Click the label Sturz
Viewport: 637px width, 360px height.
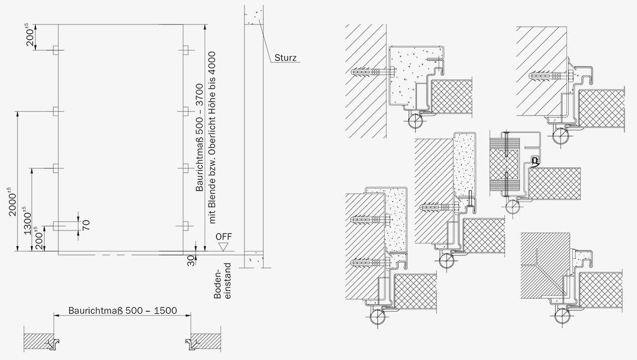tap(286, 58)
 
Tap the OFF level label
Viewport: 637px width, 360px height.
tap(223, 237)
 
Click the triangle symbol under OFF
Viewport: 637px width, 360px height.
tap(223, 247)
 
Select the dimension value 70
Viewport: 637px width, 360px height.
tap(86, 225)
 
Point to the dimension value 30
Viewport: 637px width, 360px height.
tap(191, 261)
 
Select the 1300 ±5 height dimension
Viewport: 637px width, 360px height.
tap(27, 221)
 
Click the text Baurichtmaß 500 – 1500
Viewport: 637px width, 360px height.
tap(122, 310)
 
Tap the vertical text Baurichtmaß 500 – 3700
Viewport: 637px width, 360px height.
tap(200, 137)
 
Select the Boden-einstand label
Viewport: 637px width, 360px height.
tap(222, 281)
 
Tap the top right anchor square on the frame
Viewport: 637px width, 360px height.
tap(186, 50)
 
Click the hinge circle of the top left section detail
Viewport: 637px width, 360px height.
tap(415, 121)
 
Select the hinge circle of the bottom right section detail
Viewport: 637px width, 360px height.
tap(562, 316)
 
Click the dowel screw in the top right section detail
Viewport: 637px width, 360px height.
tap(551, 76)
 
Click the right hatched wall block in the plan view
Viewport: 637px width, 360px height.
tap(206, 342)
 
